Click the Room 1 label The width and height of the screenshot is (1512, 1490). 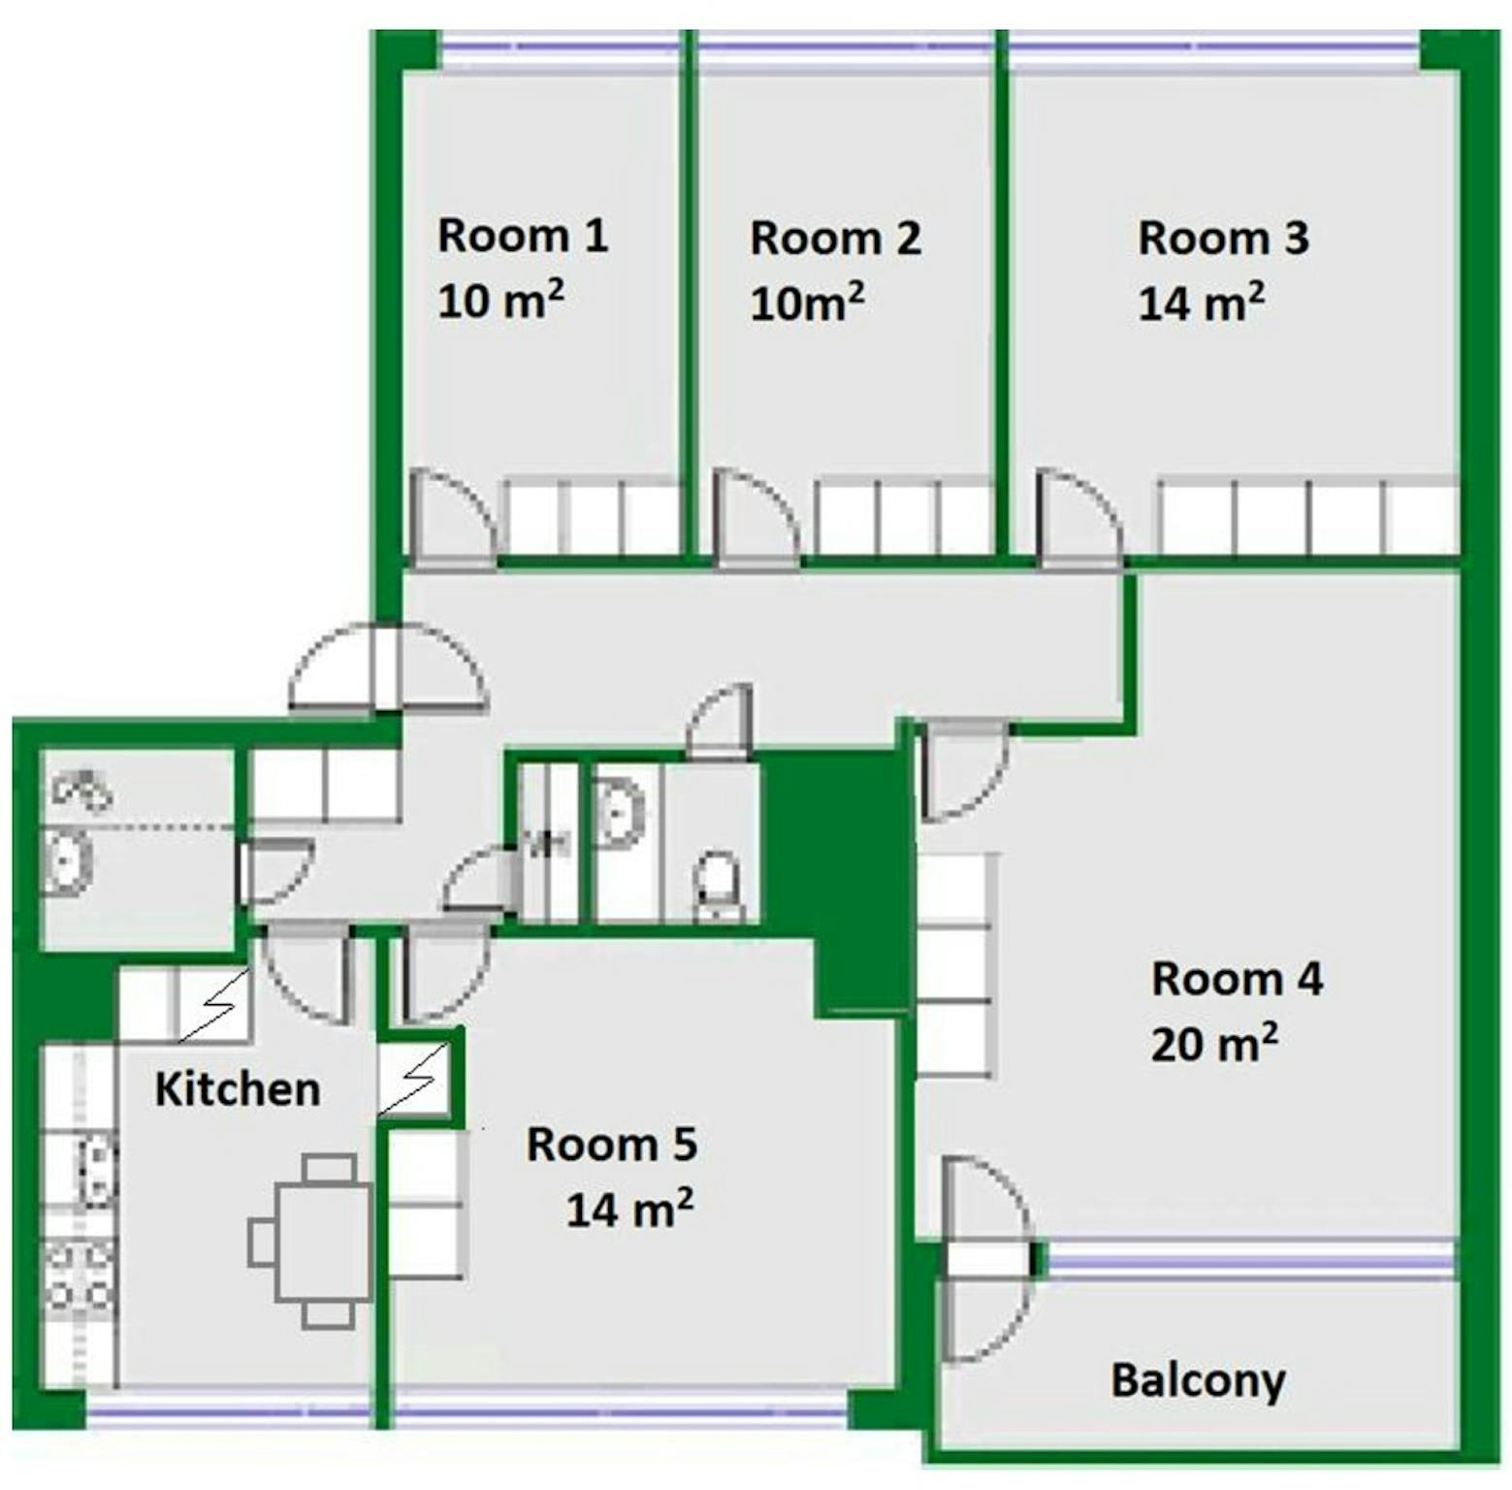(x=523, y=237)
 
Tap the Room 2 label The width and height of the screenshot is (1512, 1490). (x=835, y=239)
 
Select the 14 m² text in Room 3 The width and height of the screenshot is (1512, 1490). (x=1201, y=302)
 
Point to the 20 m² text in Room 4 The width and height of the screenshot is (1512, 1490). (x=1214, y=1043)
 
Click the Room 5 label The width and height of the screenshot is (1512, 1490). (x=612, y=1145)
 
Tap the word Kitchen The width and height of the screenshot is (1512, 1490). (x=238, y=1089)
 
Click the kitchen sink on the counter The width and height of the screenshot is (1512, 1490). (x=94, y=1170)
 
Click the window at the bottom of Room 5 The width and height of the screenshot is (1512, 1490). (x=621, y=1417)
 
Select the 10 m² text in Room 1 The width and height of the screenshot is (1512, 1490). (x=500, y=300)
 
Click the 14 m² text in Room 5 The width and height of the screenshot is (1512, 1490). (x=629, y=1209)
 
